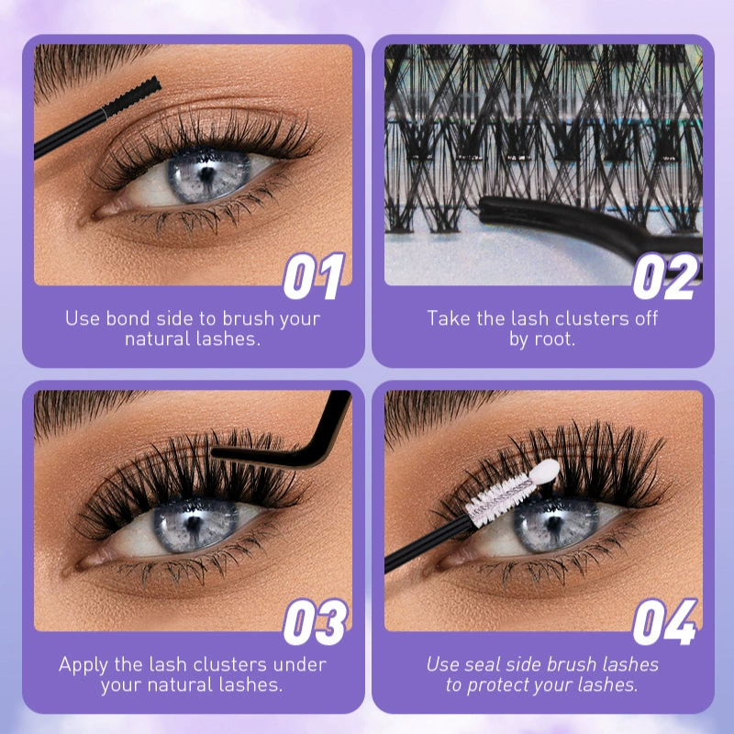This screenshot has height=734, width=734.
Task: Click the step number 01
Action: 314,276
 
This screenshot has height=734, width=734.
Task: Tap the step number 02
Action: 665,276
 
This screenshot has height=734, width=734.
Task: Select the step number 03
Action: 316,622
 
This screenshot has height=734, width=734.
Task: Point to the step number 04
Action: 665,622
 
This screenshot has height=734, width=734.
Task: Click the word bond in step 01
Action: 126,318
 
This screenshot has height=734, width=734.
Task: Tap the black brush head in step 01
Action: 132,98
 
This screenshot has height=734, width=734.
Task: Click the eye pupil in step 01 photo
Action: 206,174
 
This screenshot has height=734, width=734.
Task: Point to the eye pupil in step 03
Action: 193,524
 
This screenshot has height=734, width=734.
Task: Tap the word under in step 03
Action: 300,664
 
